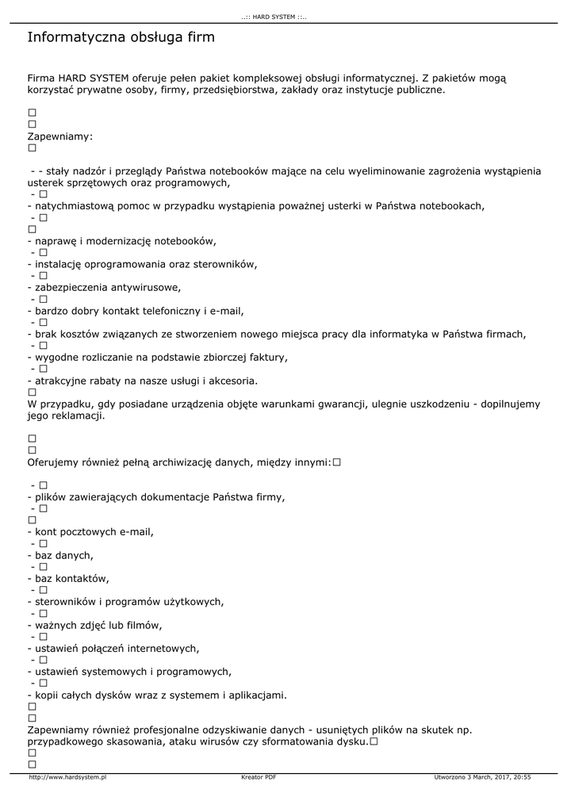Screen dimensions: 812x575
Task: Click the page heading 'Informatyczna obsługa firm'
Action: [x=121, y=38]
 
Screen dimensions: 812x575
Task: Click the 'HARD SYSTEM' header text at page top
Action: [x=274, y=17]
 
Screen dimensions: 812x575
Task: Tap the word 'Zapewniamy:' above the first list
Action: [x=60, y=136]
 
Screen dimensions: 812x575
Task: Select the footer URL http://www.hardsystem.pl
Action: [x=67, y=777]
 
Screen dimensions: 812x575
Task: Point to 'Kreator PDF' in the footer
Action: [x=259, y=777]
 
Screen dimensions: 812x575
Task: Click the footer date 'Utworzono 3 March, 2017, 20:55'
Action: [x=482, y=777]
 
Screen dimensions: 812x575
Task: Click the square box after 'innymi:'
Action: [x=337, y=462]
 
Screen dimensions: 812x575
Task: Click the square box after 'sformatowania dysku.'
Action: [x=373, y=741]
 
